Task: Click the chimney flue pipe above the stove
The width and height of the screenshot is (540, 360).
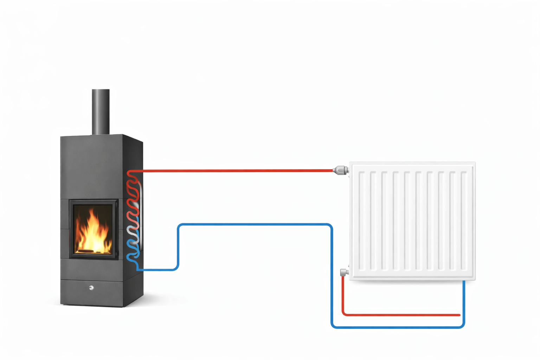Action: [101, 111]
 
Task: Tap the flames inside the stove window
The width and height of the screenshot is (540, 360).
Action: [93, 230]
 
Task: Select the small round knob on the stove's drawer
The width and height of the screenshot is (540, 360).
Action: [91, 288]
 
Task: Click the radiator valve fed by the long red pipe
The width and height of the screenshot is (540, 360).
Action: [340, 171]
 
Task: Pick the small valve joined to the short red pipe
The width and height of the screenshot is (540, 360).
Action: [344, 272]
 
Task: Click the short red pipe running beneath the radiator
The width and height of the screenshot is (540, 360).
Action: [401, 315]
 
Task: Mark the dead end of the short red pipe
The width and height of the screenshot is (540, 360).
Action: [459, 315]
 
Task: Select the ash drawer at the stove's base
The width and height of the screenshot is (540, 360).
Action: [91, 293]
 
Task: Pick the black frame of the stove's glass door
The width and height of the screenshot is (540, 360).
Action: [71, 229]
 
